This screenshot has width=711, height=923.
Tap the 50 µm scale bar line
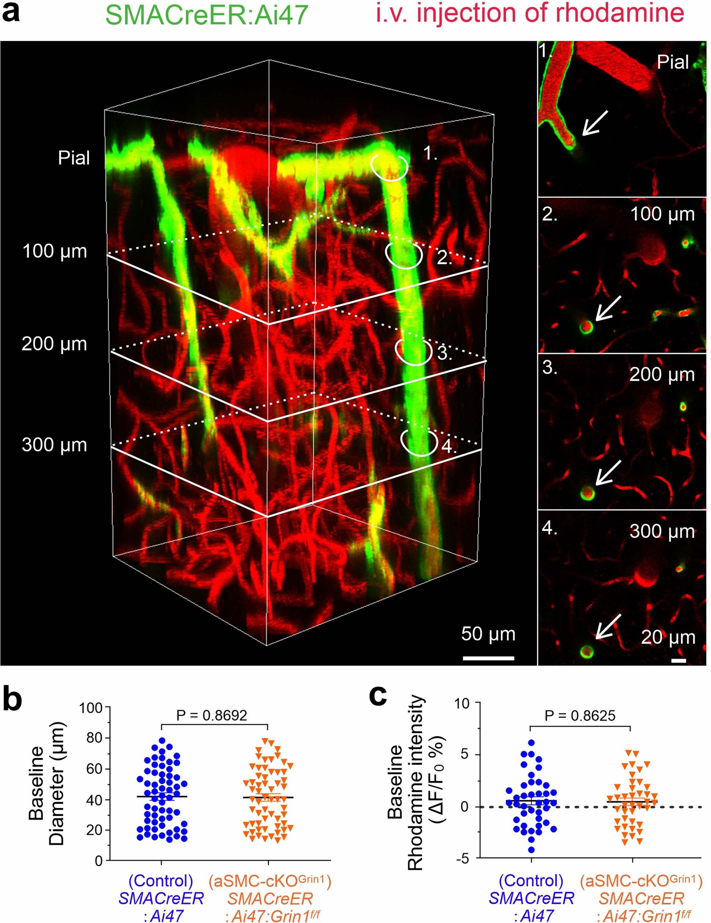coord(488,658)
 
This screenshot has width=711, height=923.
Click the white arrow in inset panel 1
coord(595,123)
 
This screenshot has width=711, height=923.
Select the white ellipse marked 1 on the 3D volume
coord(390,167)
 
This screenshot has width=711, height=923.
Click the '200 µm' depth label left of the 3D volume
coord(54,344)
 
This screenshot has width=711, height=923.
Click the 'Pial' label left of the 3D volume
coord(74,158)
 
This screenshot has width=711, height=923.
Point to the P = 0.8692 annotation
coord(212,715)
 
